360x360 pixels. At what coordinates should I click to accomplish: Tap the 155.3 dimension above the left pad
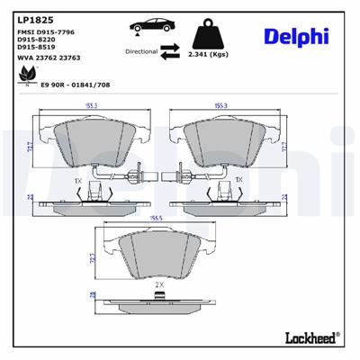[92, 106]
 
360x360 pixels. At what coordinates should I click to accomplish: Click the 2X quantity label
[159, 283]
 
